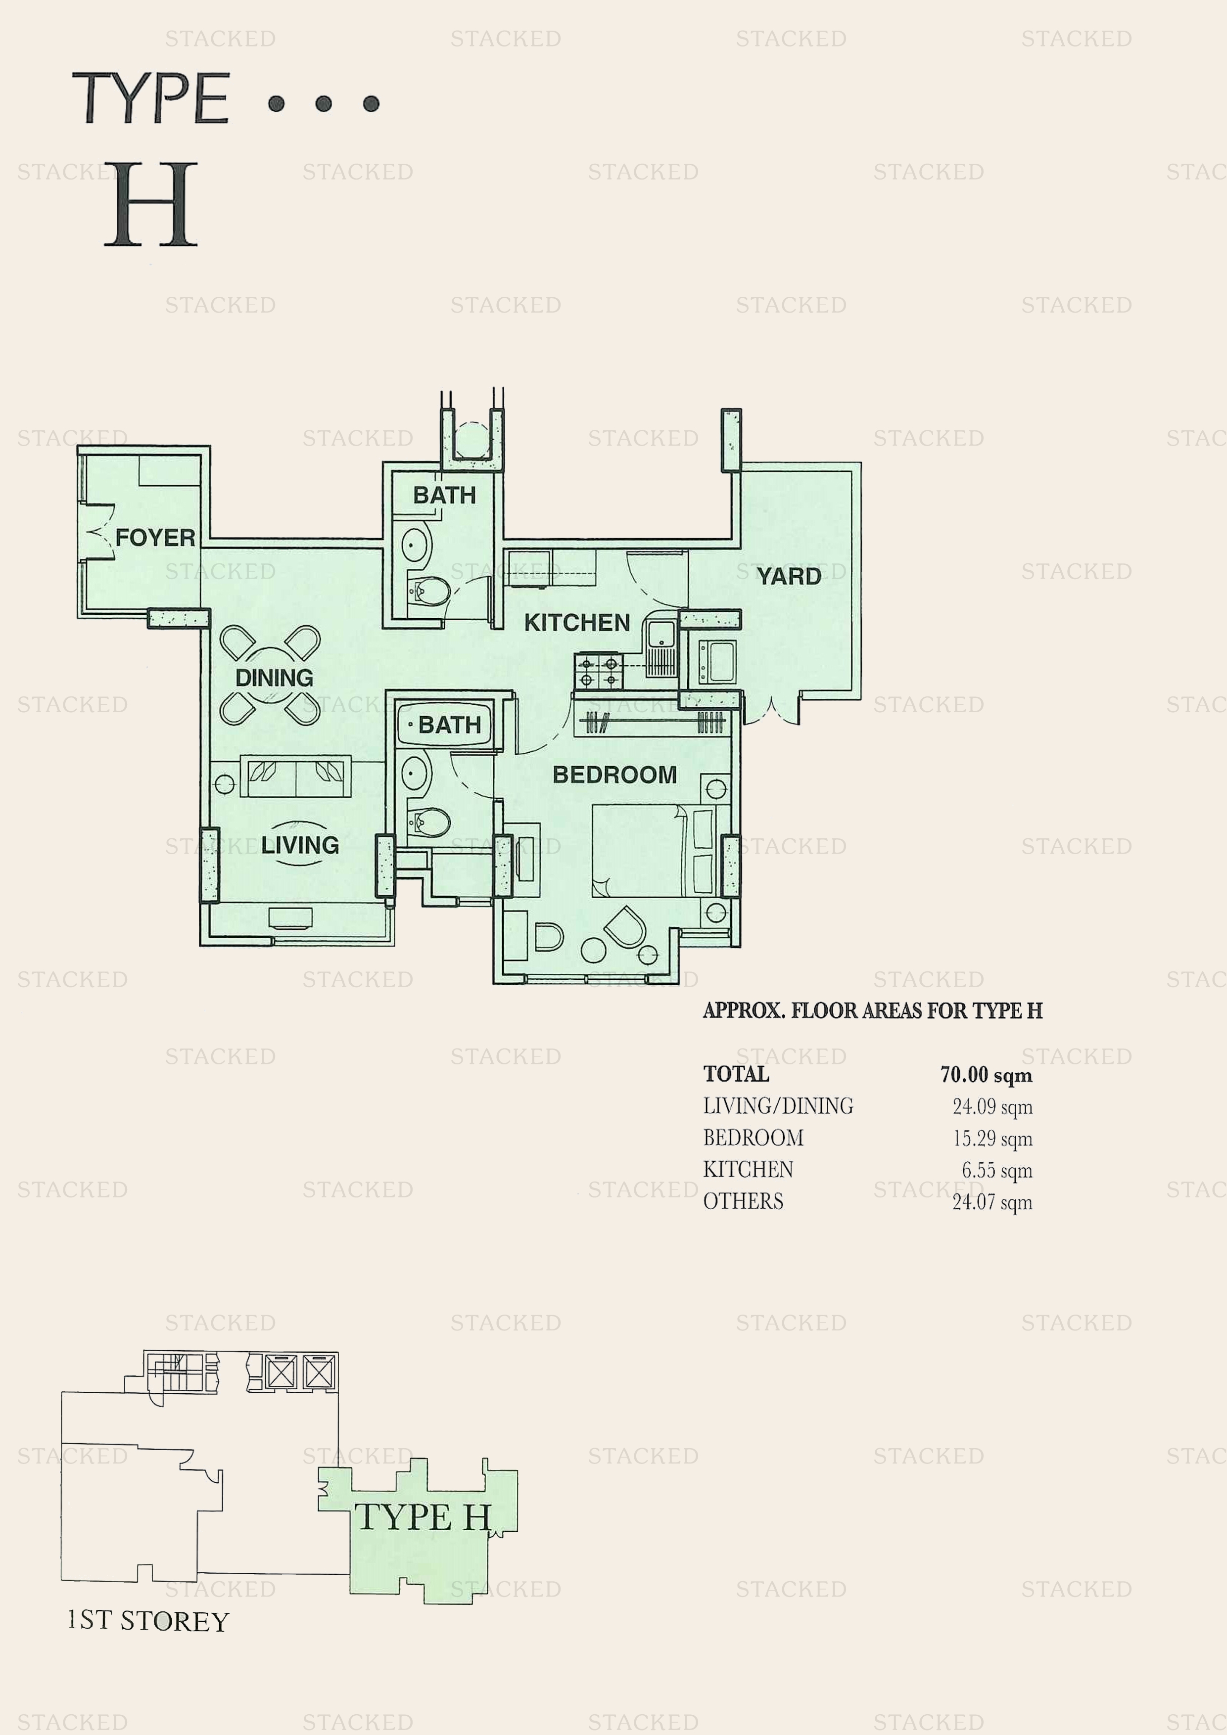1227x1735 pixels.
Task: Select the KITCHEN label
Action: [577, 623]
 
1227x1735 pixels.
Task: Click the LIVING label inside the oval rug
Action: [300, 844]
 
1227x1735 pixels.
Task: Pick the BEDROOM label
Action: [614, 775]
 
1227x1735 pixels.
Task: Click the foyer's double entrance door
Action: [97, 533]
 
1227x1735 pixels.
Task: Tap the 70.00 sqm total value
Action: [986, 1075]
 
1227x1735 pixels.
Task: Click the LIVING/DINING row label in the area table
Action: [778, 1106]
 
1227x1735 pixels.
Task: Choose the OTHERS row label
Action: [743, 1201]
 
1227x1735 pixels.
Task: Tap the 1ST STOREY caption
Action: [148, 1621]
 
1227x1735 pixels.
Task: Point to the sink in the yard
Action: [716, 661]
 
